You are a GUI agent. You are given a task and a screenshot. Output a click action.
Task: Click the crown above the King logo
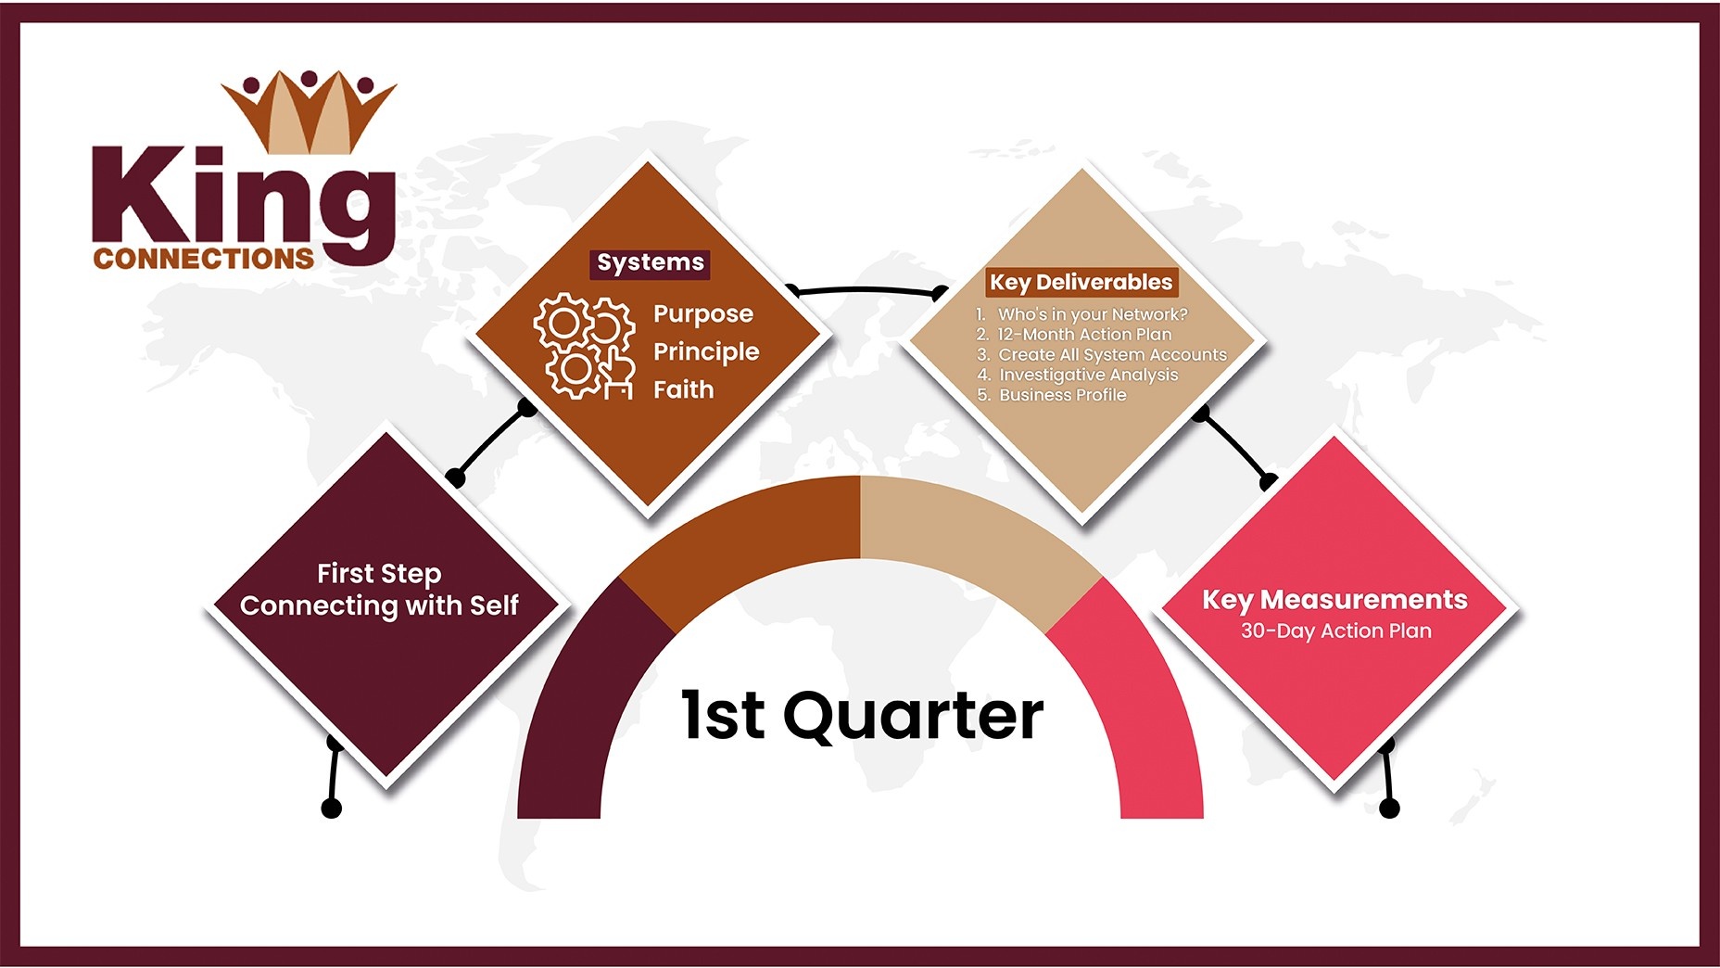(309, 111)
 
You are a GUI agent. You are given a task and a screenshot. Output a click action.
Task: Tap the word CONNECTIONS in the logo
(204, 259)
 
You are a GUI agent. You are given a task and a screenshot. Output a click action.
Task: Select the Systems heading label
(651, 263)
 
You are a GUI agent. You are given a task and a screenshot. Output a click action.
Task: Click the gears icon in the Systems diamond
(585, 347)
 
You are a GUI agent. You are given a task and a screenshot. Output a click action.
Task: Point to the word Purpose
(703, 315)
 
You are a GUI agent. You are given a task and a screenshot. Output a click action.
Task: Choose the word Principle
(706, 352)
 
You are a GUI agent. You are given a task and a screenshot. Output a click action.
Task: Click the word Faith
(684, 389)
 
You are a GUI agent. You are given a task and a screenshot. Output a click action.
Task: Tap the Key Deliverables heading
(1081, 282)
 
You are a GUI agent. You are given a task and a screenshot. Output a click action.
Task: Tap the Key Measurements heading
(1334, 600)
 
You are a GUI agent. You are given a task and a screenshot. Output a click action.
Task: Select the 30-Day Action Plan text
(1336, 631)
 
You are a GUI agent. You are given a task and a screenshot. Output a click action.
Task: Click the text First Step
(379, 574)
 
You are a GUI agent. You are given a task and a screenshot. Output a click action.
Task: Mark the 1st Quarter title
(863, 716)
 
